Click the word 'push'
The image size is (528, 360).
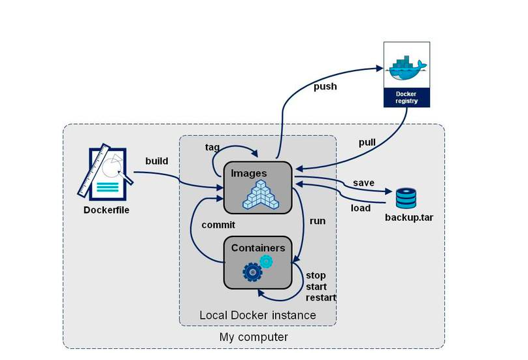pos(325,86)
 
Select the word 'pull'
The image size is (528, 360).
pos(367,142)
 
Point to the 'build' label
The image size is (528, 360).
pos(157,161)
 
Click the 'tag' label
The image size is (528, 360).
pos(212,147)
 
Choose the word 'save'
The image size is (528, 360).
pos(363,182)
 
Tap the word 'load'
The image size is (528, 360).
pos(361,208)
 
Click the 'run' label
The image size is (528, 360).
pos(317,221)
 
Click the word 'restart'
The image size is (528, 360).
pos(320,297)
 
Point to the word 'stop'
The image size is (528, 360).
pos(316,275)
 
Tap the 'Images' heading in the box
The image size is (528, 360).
pos(250,173)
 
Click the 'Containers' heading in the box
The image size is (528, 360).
pos(258,248)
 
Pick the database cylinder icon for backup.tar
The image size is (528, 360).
pos(405,198)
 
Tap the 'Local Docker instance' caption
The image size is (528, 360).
pos(257,315)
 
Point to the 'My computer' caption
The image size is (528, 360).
pos(253,337)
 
